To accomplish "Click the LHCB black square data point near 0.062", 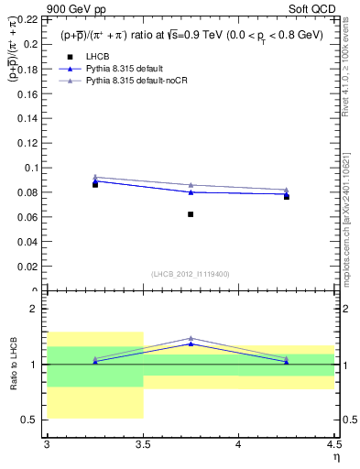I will coord(191,214).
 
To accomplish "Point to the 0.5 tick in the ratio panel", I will coord(31,420).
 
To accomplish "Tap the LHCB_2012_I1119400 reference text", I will coord(191,274).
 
